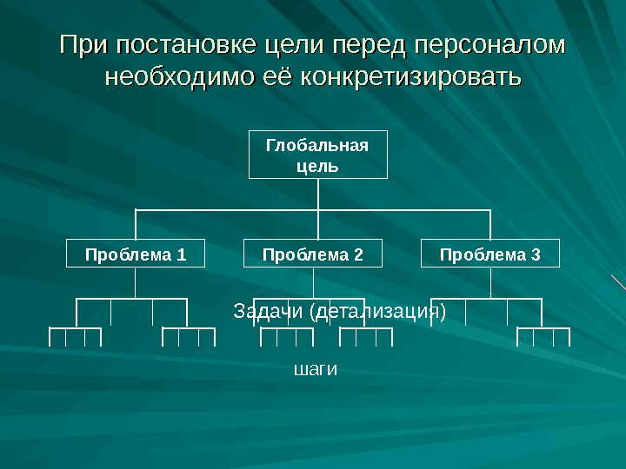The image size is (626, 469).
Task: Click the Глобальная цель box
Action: [317, 155]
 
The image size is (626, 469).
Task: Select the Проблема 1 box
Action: [135, 254]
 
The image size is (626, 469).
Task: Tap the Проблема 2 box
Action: [312, 254]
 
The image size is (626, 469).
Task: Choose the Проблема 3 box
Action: [490, 254]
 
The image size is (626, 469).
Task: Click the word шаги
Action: [316, 369]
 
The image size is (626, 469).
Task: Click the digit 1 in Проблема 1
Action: [181, 254]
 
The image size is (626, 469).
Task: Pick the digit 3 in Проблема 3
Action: [536, 254]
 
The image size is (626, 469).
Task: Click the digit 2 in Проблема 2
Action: [357, 254]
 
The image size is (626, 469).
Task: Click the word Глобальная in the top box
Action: [317, 146]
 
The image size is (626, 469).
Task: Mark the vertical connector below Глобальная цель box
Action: [317, 194]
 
